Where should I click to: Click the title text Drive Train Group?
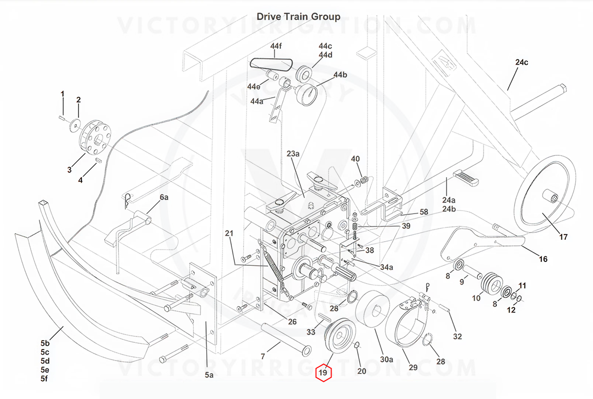point(298,17)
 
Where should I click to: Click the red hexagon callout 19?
point(323,373)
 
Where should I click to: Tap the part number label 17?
point(563,237)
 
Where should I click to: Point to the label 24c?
point(521,63)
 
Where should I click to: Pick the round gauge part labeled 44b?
point(307,92)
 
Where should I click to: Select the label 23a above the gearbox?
point(293,154)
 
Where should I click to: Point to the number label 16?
point(542,259)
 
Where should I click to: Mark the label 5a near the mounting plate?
point(209,375)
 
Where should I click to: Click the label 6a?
point(163,197)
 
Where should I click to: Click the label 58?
point(424,212)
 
